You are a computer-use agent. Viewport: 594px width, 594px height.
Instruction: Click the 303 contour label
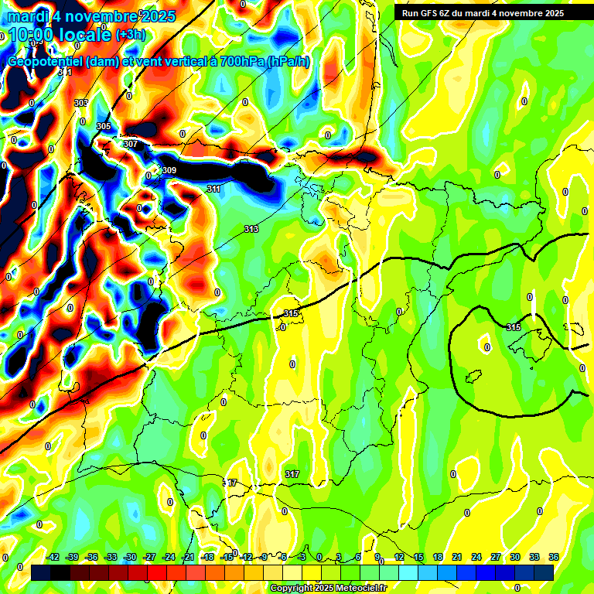point(80,103)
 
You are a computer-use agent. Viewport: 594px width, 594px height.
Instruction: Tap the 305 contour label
point(104,126)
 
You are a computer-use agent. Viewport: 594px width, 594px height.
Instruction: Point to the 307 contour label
point(130,144)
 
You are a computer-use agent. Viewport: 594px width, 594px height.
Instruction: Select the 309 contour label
point(169,170)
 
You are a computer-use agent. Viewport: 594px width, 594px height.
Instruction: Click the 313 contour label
point(251,229)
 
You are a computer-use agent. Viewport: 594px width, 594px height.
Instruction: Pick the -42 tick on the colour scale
point(53,557)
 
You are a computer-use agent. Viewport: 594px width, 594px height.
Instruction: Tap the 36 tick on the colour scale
point(554,557)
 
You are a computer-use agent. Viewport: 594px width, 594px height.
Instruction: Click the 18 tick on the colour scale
point(438,557)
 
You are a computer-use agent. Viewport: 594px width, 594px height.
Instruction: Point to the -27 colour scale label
point(149,557)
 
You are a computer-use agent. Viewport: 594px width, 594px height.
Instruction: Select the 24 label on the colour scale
point(476,557)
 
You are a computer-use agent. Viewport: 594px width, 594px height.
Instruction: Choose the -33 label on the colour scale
point(111,557)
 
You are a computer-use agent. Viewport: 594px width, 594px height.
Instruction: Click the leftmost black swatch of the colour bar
point(41,572)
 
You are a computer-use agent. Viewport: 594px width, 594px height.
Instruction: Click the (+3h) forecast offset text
point(130,35)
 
